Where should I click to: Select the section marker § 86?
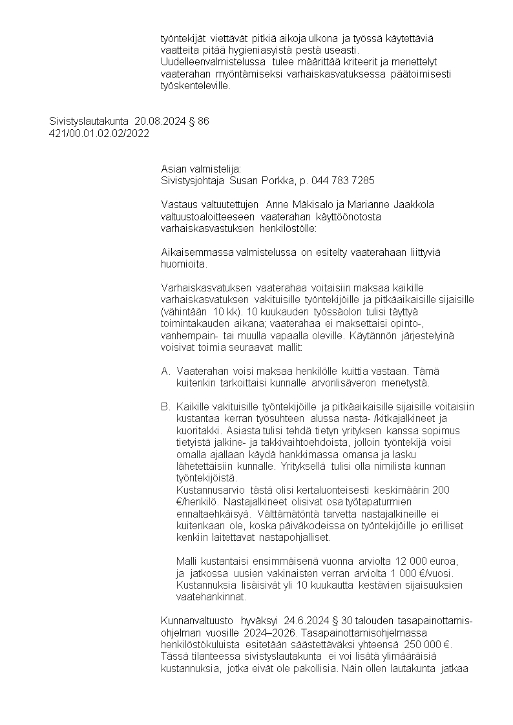[x=198, y=121]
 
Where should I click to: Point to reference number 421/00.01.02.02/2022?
[x=99, y=133]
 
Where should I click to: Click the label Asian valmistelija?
[x=200, y=169]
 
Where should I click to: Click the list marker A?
[x=165, y=371]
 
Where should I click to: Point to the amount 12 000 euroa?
[x=429, y=562]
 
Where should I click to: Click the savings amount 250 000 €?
[x=429, y=644]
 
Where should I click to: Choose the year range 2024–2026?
[x=288, y=633]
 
